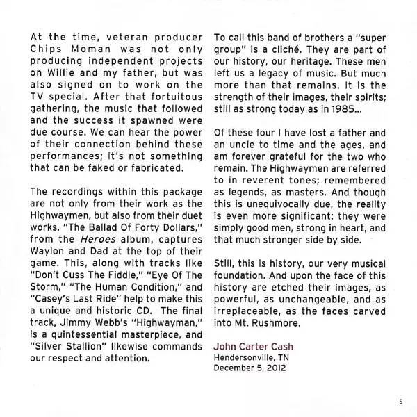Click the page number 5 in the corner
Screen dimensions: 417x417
point(401,401)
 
